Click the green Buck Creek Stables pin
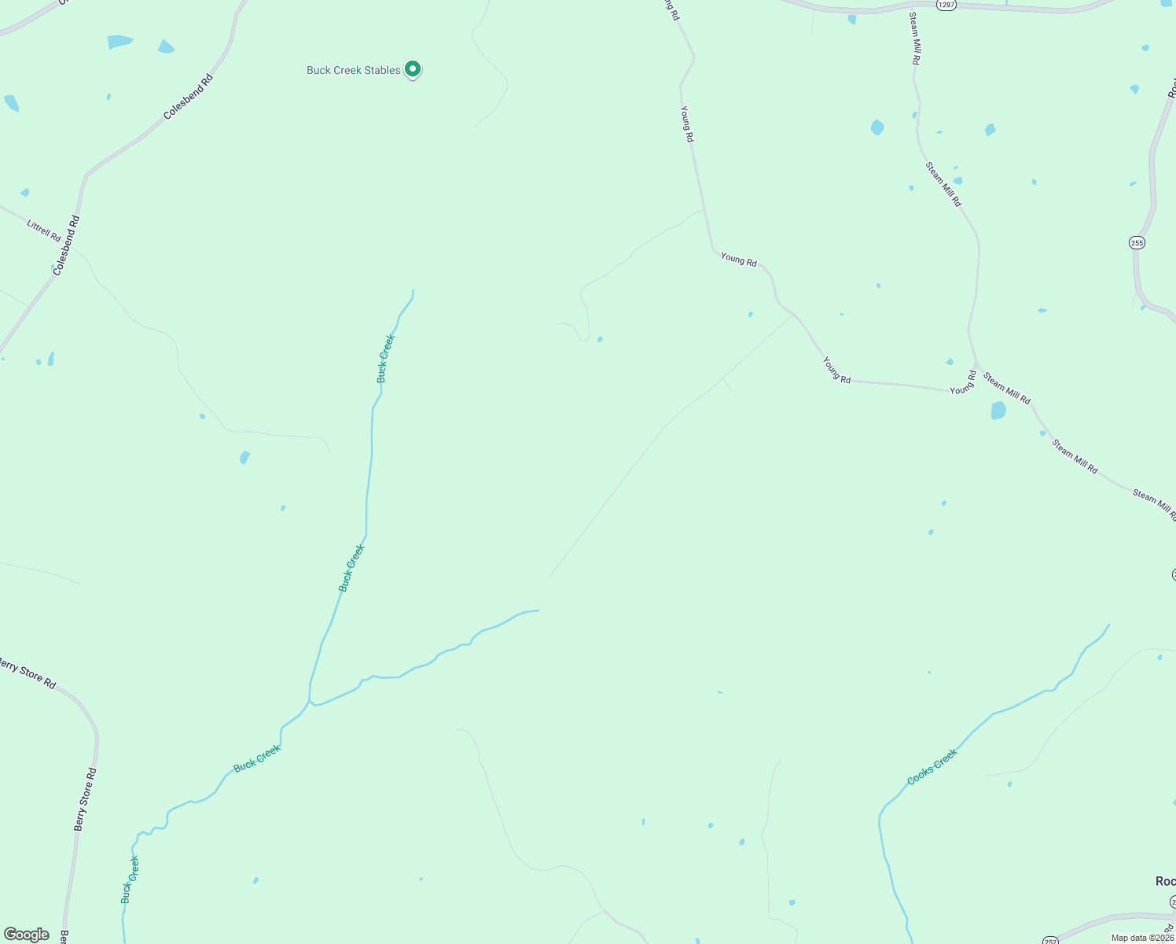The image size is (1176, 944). [x=412, y=69]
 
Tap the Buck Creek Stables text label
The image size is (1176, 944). [x=353, y=70]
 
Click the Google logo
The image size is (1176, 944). [x=27, y=935]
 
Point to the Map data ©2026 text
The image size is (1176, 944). [x=1141, y=938]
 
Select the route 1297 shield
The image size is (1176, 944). [x=946, y=5]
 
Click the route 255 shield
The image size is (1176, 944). [x=1137, y=243]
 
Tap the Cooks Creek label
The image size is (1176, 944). [x=932, y=766]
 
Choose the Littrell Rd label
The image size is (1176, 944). [x=44, y=230]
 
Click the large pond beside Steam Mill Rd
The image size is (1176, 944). [x=998, y=410]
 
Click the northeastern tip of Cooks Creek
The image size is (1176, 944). [x=1108, y=625]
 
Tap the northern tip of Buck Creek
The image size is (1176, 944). [x=413, y=291]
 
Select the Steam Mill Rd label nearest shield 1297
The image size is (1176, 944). [x=915, y=38]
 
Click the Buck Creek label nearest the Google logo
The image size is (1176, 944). [x=130, y=879]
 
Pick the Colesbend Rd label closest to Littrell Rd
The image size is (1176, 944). [x=66, y=245]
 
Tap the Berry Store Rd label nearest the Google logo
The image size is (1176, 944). [x=85, y=799]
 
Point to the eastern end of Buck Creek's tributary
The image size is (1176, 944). [x=538, y=610]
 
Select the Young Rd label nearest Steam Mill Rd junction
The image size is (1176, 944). [x=962, y=382]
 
